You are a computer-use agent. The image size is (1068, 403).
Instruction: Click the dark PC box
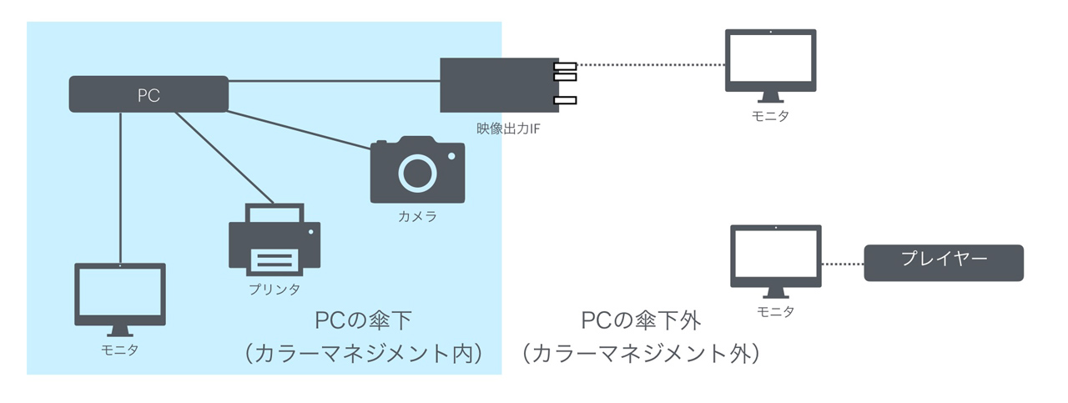pos(149,94)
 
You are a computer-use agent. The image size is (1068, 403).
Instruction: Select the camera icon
pos(417,171)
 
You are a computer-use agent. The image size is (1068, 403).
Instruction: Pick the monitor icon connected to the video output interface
pos(770,64)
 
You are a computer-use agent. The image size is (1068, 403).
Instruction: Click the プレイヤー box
pos(944,262)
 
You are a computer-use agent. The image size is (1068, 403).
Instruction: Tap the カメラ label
pos(417,218)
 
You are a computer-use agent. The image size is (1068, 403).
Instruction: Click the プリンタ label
pos(275,290)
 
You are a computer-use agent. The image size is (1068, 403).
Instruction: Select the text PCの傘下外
pos(640,320)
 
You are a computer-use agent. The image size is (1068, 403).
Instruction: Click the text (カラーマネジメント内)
pos(365,353)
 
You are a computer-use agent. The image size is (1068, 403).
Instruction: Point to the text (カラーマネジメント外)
pos(641,353)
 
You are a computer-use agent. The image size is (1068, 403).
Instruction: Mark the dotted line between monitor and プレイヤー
pos(843,263)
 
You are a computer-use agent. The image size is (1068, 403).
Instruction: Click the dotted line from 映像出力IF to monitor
pos(651,64)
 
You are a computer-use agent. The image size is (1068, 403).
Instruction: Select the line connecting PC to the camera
pos(300,130)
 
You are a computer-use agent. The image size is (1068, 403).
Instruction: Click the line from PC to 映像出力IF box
pos(334,81)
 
